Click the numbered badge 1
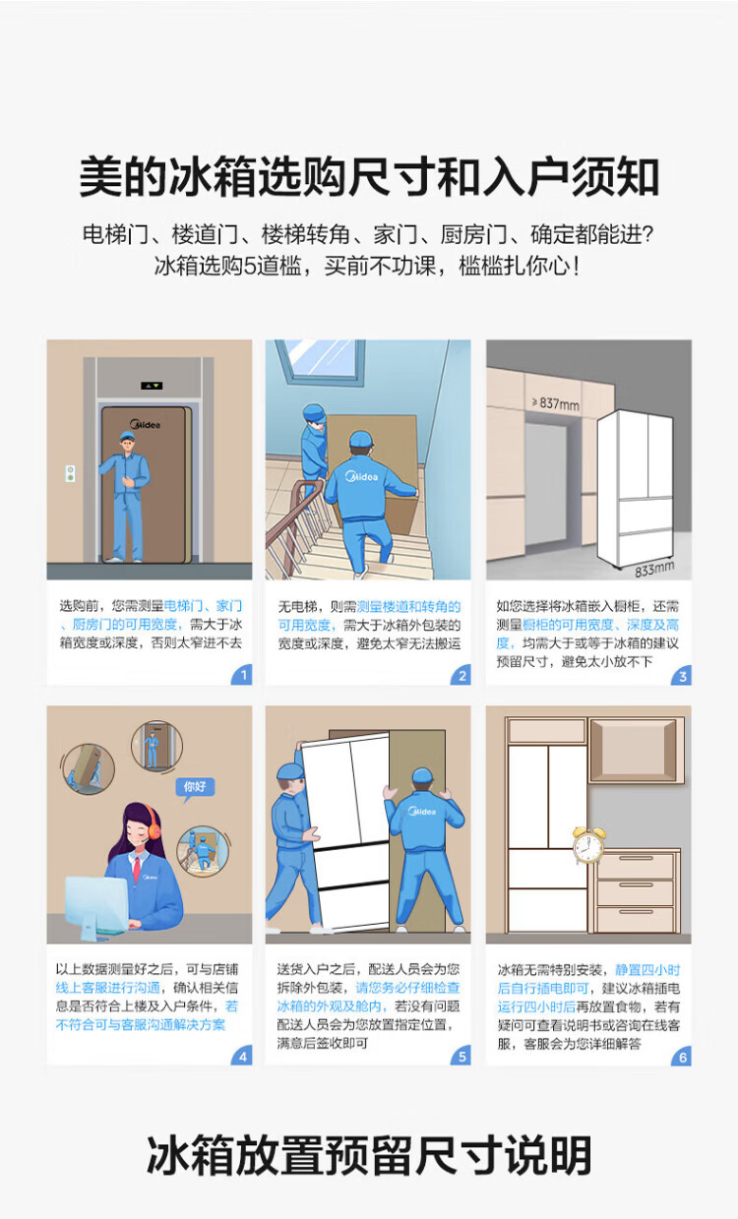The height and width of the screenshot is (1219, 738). click(243, 675)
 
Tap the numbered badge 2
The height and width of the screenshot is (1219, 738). click(461, 675)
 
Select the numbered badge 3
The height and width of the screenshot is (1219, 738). click(682, 675)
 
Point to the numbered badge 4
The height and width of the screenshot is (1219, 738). click(243, 1056)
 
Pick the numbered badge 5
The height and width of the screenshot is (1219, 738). click(461, 1056)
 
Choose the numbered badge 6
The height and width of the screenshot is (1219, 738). click(682, 1057)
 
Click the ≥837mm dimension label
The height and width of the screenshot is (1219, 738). click(556, 403)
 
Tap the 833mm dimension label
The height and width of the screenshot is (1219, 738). click(654, 569)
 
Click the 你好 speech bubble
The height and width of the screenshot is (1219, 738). click(195, 787)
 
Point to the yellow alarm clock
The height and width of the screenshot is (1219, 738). click(588, 845)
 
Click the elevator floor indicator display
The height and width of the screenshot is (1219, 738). click(152, 386)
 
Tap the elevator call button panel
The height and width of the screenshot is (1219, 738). click(70, 473)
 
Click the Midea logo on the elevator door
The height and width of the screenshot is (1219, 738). click(145, 424)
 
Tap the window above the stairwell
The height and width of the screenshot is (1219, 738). click(320, 358)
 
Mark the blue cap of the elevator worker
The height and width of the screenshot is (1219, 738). click(127, 436)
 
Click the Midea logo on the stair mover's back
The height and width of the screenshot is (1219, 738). click(362, 477)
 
